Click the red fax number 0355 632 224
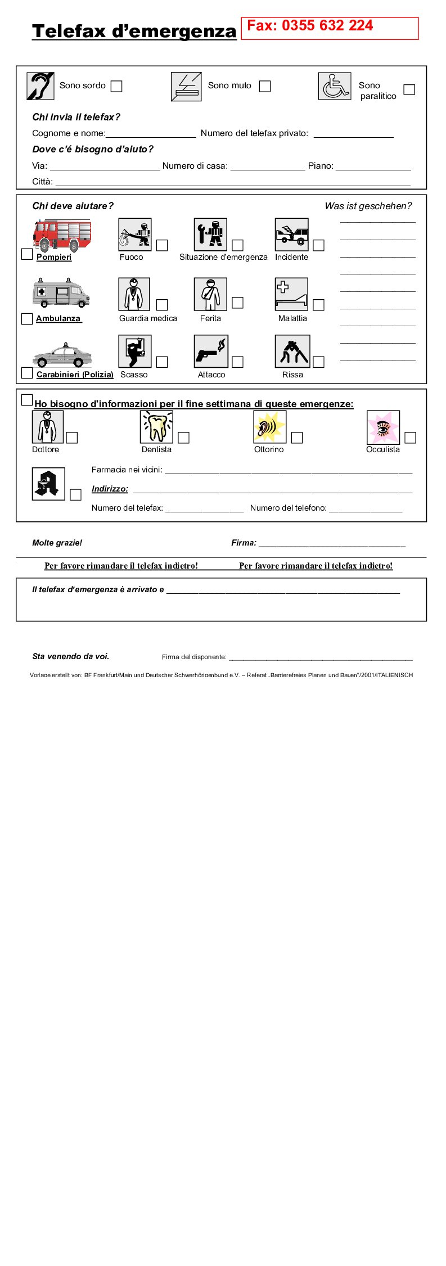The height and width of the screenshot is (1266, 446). [310, 26]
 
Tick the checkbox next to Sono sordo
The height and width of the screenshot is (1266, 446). [116, 86]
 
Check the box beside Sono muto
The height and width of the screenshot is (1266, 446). [265, 86]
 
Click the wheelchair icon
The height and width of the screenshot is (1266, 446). [335, 87]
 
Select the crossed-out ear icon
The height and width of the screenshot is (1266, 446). [40, 86]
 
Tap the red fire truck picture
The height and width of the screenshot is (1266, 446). [62, 235]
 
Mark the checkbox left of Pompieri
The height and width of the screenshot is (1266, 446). [27, 254]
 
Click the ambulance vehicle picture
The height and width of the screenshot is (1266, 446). [61, 292]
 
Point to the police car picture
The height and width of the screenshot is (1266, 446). [62, 355]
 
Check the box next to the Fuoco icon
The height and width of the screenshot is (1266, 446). [162, 245]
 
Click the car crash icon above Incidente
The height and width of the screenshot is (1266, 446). [291, 235]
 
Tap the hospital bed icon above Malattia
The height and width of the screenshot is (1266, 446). [291, 294]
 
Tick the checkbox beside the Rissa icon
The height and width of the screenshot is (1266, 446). [319, 362]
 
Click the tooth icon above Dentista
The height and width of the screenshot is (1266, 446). [156, 427]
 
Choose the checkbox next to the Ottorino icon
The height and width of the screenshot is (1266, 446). [297, 438]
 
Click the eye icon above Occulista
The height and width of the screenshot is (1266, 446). [383, 427]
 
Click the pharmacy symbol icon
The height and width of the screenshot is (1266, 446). [48, 484]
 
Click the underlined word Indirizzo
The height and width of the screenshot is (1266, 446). [110, 489]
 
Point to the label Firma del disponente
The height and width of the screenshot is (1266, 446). [194, 657]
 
